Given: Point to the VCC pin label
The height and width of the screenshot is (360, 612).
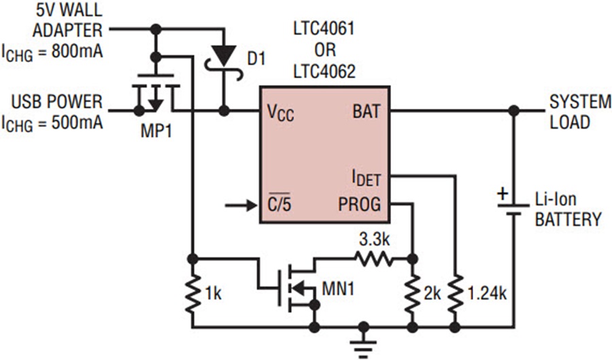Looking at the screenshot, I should (281, 112).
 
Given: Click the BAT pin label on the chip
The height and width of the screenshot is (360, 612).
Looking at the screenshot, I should (367, 110).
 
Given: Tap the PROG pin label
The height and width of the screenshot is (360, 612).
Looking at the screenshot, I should (360, 203).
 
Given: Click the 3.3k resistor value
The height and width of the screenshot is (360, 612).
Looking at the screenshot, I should (375, 241).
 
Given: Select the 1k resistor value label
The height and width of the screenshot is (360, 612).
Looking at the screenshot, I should (213, 294).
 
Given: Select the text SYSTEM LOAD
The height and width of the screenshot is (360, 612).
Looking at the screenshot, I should (580, 112).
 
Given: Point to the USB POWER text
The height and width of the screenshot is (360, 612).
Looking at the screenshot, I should (56, 102).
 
